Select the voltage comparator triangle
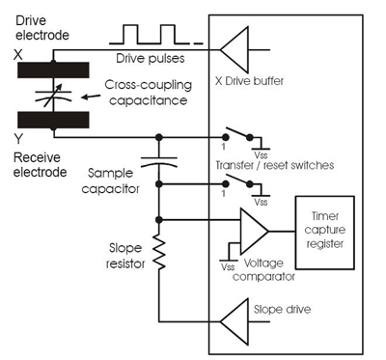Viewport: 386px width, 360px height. (254, 232)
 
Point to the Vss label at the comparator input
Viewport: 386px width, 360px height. (228, 266)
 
